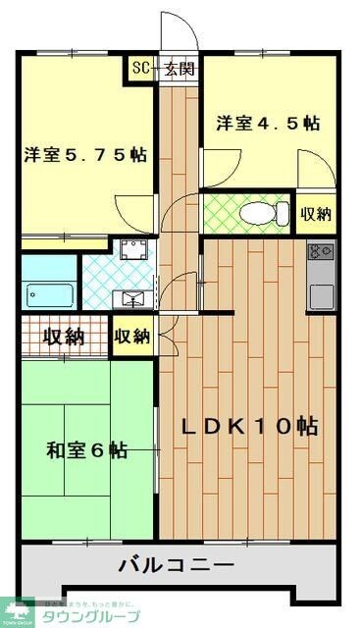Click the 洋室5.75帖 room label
86,154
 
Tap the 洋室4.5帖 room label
268,125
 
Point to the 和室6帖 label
86,450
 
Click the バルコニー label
177,565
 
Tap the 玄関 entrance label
180,69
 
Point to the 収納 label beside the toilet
315,213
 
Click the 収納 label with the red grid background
62,337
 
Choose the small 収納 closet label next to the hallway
131,337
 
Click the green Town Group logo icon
18,613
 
